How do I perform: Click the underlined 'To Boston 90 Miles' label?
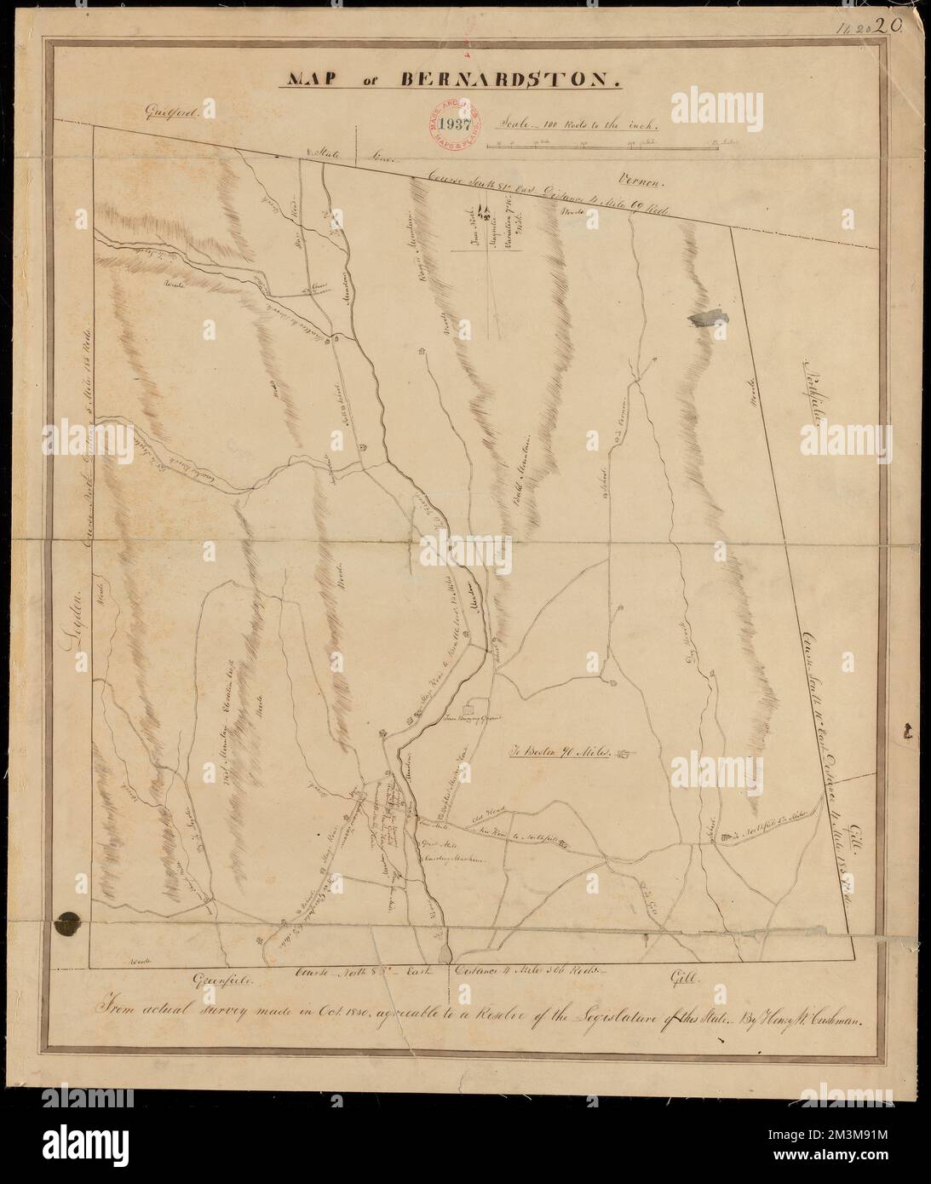[557, 753]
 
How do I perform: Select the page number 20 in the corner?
[898, 26]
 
